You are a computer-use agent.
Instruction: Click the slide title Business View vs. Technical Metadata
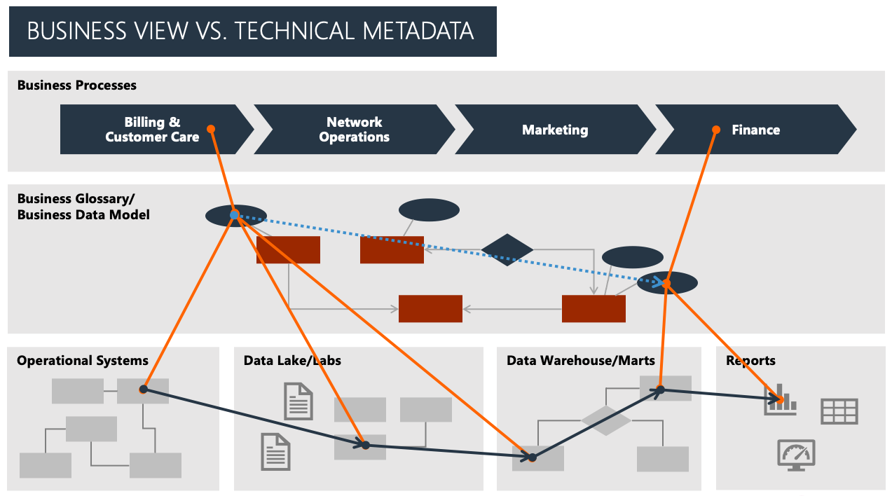(250, 32)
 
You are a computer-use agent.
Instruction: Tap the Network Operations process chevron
(354, 130)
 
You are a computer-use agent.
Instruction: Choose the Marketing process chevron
(555, 130)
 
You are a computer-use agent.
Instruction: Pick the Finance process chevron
(755, 130)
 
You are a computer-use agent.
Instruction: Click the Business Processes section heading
(77, 85)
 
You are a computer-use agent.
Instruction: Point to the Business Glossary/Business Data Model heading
(83, 207)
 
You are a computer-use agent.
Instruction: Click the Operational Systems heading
(83, 361)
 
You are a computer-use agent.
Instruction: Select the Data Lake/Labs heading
(292, 361)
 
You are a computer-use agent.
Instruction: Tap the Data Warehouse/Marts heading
(580, 361)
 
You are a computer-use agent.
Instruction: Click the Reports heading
(750, 361)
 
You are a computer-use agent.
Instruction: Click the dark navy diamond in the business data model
(507, 250)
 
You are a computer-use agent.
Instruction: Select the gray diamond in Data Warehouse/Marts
(606, 420)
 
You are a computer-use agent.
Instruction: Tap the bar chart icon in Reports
(781, 399)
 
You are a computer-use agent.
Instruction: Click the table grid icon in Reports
(839, 411)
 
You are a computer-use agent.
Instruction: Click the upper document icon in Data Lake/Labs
(298, 401)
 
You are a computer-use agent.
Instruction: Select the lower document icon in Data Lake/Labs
(275, 451)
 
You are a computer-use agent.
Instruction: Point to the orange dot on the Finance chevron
(716, 130)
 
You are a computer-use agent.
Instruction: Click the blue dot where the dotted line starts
(235, 215)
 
